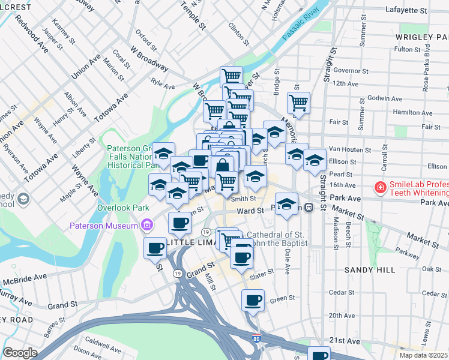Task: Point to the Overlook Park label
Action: tap(123, 208)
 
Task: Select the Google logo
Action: tap(20, 353)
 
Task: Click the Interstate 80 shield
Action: tap(257, 340)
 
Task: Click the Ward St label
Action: tap(250, 211)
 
